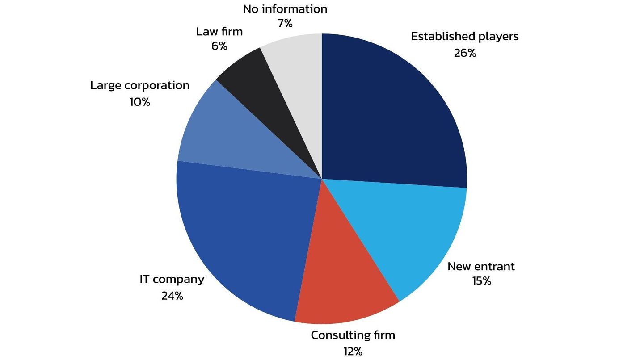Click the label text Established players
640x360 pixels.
(465, 36)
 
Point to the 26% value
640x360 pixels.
(465, 53)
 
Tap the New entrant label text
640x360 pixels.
(481, 267)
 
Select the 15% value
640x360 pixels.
(481, 281)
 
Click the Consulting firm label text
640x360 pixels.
(353, 335)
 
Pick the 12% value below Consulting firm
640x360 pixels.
(353, 352)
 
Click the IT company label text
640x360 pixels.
(172, 280)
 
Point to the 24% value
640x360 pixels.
(172, 296)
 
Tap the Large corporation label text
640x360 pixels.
(140, 85)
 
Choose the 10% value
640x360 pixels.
(140, 102)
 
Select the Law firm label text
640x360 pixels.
(219, 32)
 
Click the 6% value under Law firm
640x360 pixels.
(219, 46)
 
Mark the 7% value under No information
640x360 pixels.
(285, 24)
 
